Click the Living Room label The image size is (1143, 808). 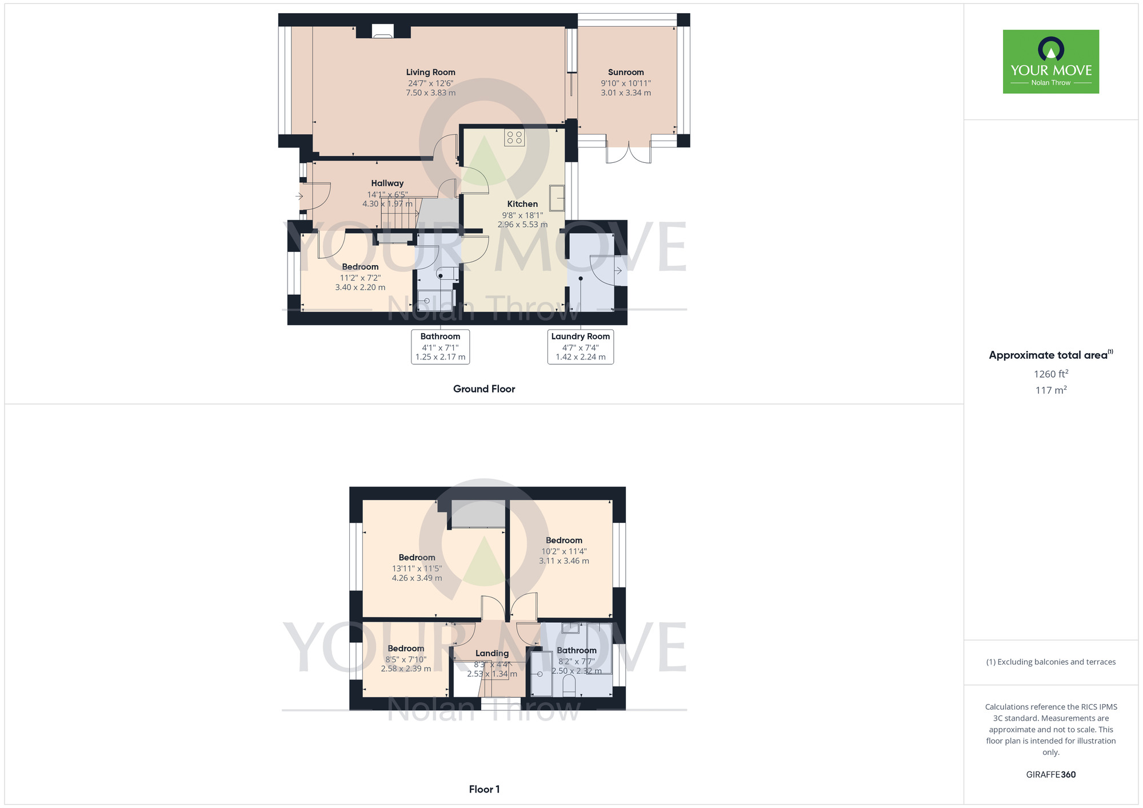pos(430,73)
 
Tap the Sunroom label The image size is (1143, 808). pos(626,73)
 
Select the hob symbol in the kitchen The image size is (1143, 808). pos(514,138)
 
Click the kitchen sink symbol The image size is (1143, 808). pos(557,198)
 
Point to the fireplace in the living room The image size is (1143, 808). pos(383,31)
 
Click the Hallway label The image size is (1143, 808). pos(387,183)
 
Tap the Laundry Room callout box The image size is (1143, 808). pos(580,346)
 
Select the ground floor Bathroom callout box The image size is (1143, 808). pos(440,346)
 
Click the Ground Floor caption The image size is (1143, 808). pos(484,389)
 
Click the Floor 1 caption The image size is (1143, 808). pos(484,789)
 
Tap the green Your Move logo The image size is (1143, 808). pos(1051,62)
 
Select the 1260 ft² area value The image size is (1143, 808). pos(1051,374)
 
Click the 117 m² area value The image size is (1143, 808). pos(1051,390)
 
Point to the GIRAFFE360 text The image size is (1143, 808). pos(1051,775)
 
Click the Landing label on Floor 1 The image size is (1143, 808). pos(492,653)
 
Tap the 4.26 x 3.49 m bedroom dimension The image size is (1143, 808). pos(417,578)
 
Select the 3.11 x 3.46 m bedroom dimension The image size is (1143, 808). pos(564,561)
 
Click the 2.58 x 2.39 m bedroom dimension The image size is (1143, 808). pos(406,669)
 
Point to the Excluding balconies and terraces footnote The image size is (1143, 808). pos(1051,662)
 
